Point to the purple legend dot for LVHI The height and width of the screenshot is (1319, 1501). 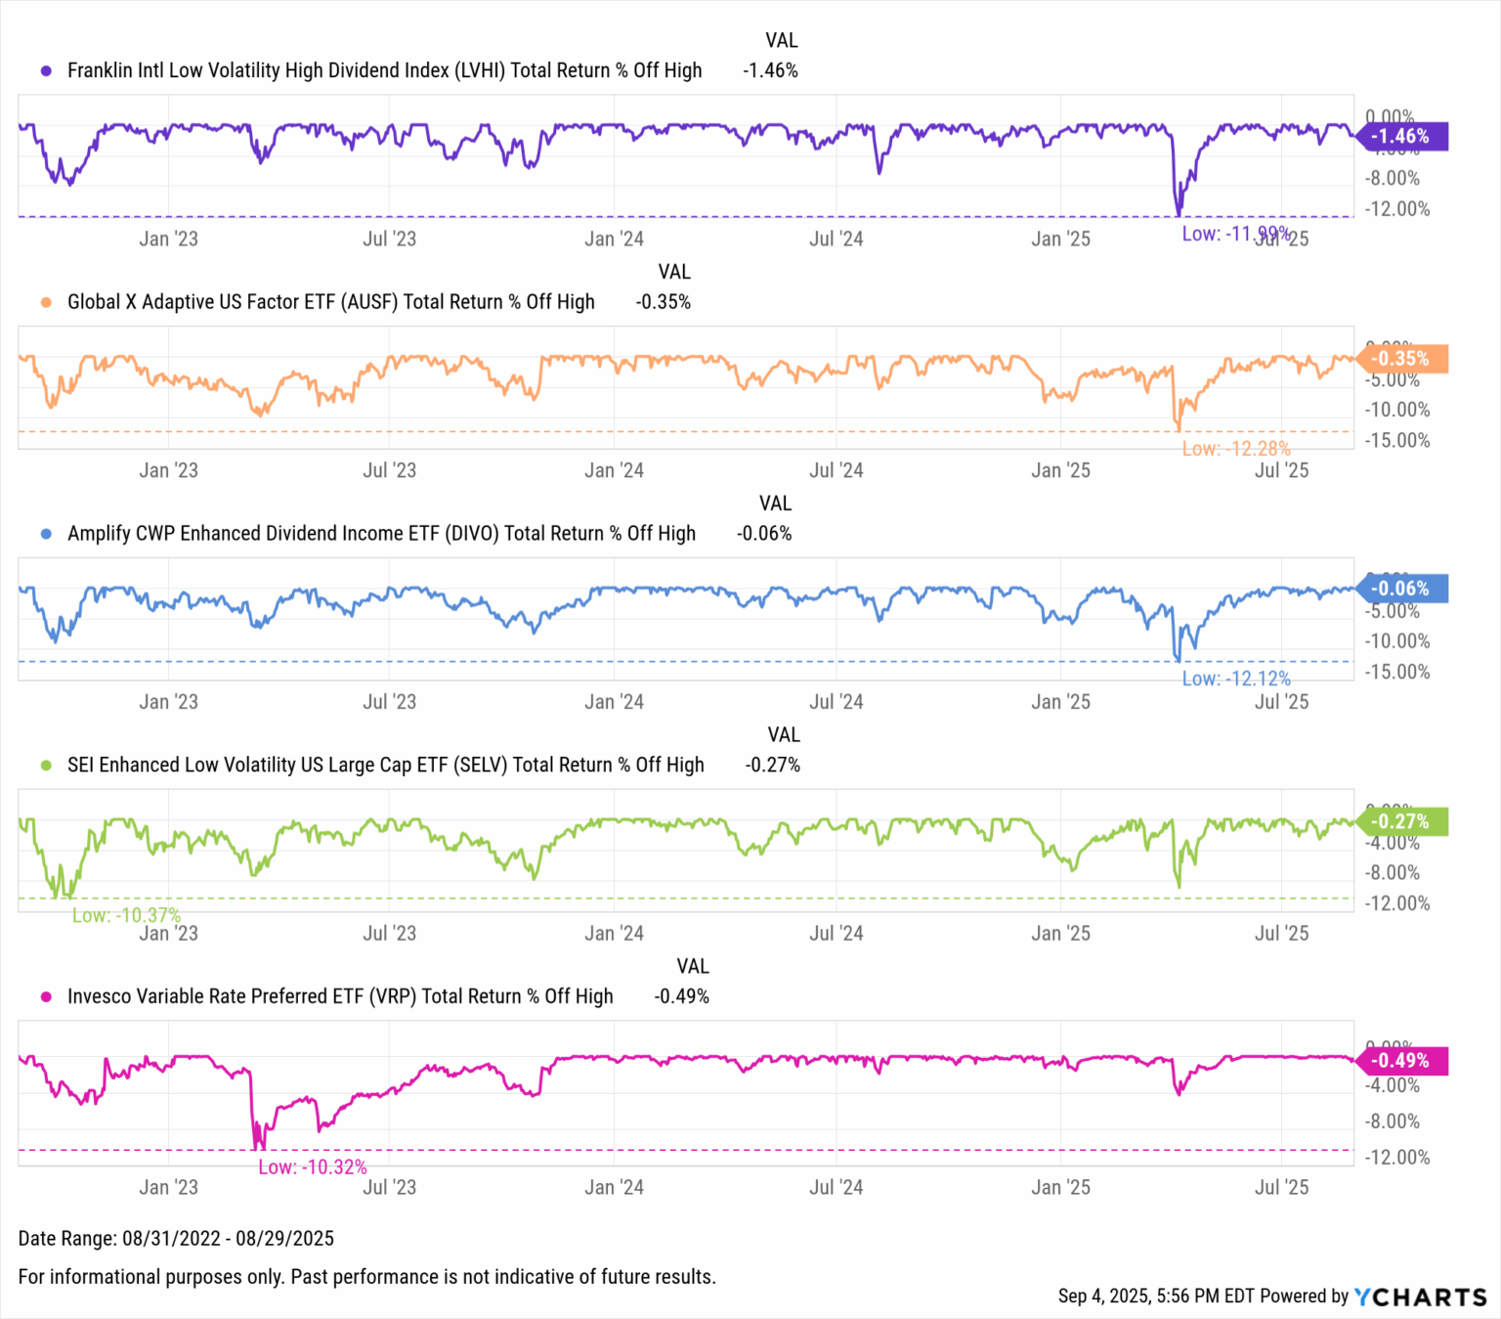[x=46, y=70]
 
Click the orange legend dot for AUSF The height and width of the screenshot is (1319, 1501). [x=46, y=302]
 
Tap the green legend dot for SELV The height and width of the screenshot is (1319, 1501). [x=46, y=766]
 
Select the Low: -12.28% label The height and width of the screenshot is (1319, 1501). [x=1236, y=449]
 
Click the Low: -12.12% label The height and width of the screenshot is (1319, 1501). [x=1236, y=679]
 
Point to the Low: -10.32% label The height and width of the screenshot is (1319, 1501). [x=313, y=1167]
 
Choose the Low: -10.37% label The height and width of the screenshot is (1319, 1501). [x=126, y=915]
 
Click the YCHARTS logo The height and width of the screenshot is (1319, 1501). [x=1421, y=1297]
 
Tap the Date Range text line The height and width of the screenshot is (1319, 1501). [x=176, y=1239]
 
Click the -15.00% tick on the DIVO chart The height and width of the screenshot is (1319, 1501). [x=1397, y=672]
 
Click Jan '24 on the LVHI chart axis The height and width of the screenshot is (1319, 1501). [x=614, y=240]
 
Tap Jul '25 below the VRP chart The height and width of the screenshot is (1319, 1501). [x=1281, y=1187]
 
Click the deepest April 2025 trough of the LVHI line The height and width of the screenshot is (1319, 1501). [x=1179, y=214]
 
